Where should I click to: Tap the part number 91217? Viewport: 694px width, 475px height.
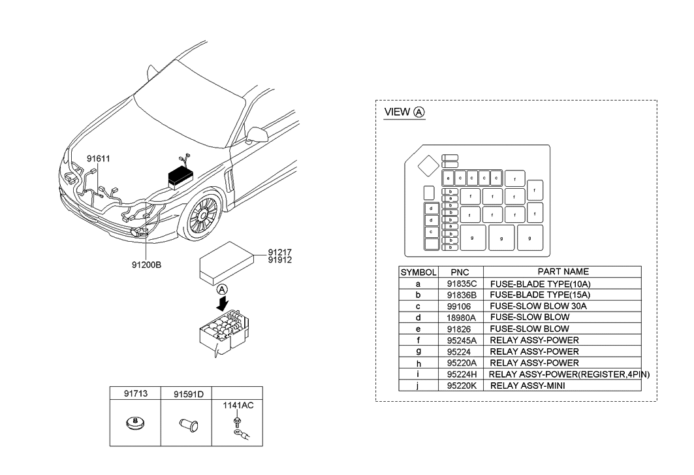point(279,251)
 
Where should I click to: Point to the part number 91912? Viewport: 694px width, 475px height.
point(279,259)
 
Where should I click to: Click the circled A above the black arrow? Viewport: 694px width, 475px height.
point(222,288)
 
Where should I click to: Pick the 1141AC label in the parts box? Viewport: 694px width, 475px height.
point(238,405)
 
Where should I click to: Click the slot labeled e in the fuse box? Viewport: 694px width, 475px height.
point(449,178)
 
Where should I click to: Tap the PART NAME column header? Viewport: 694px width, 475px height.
point(563,271)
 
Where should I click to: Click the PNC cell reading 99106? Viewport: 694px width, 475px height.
point(460,306)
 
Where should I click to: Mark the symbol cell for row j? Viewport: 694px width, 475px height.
point(418,385)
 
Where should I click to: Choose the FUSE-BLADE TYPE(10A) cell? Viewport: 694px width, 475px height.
point(540,284)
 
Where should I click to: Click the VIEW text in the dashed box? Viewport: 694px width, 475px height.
point(397,112)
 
